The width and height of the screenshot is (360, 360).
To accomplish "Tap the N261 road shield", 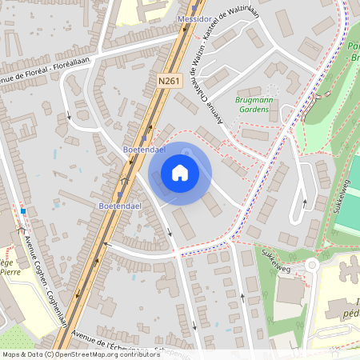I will coord(170,81).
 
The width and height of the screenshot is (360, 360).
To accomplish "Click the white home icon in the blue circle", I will coord(180,173).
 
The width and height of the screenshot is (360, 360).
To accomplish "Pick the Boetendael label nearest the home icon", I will coord(144,150).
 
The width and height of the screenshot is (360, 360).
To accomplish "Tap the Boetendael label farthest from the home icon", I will coord(120,206).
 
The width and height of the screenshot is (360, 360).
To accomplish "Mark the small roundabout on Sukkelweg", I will coord(311,265).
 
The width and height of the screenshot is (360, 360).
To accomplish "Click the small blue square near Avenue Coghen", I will coord(24,211).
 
